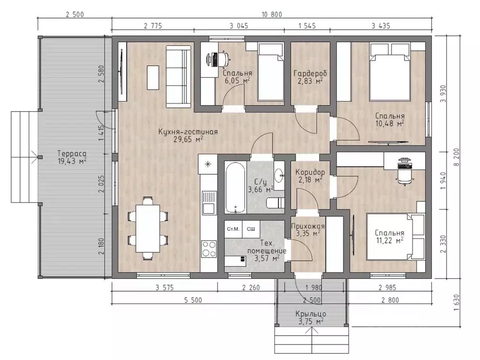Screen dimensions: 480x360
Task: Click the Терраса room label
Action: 72,154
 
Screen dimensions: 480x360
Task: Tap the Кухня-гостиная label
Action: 188,132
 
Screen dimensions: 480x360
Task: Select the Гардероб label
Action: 310,74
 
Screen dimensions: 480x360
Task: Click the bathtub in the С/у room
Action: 235,187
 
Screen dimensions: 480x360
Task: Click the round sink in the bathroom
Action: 279,175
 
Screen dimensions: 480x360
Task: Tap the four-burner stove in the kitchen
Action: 209,248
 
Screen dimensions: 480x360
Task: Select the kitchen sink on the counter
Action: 209,202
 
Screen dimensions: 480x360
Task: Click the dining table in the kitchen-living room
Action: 148,228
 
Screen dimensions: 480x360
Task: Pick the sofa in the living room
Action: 179,76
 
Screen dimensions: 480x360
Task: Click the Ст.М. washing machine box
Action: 233,229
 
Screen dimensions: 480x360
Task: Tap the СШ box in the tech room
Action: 251,229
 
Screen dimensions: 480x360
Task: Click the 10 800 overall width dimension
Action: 272,15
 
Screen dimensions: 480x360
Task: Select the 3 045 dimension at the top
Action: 239,26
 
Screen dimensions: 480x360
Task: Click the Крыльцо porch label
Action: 311,314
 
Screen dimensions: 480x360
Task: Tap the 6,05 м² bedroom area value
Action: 236,81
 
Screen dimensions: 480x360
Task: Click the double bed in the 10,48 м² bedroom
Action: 390,72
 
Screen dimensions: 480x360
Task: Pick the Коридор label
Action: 310,172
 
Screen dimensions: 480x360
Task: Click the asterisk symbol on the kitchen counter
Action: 208,165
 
